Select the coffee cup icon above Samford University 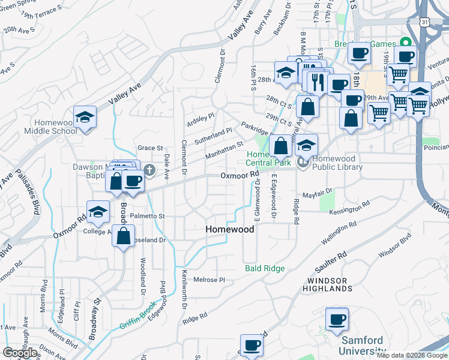[337, 319]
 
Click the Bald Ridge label [265, 268]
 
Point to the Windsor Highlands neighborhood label [330, 284]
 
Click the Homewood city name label [230, 229]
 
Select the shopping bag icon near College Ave [123, 237]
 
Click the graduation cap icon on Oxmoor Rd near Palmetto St [98, 212]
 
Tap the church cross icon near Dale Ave [149, 172]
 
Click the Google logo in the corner [20, 353]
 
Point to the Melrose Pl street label [209, 280]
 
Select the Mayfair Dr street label [317, 194]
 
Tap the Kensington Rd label [354, 207]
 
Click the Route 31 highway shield [425, 22]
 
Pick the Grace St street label [150, 148]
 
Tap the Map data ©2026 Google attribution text [412, 355]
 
